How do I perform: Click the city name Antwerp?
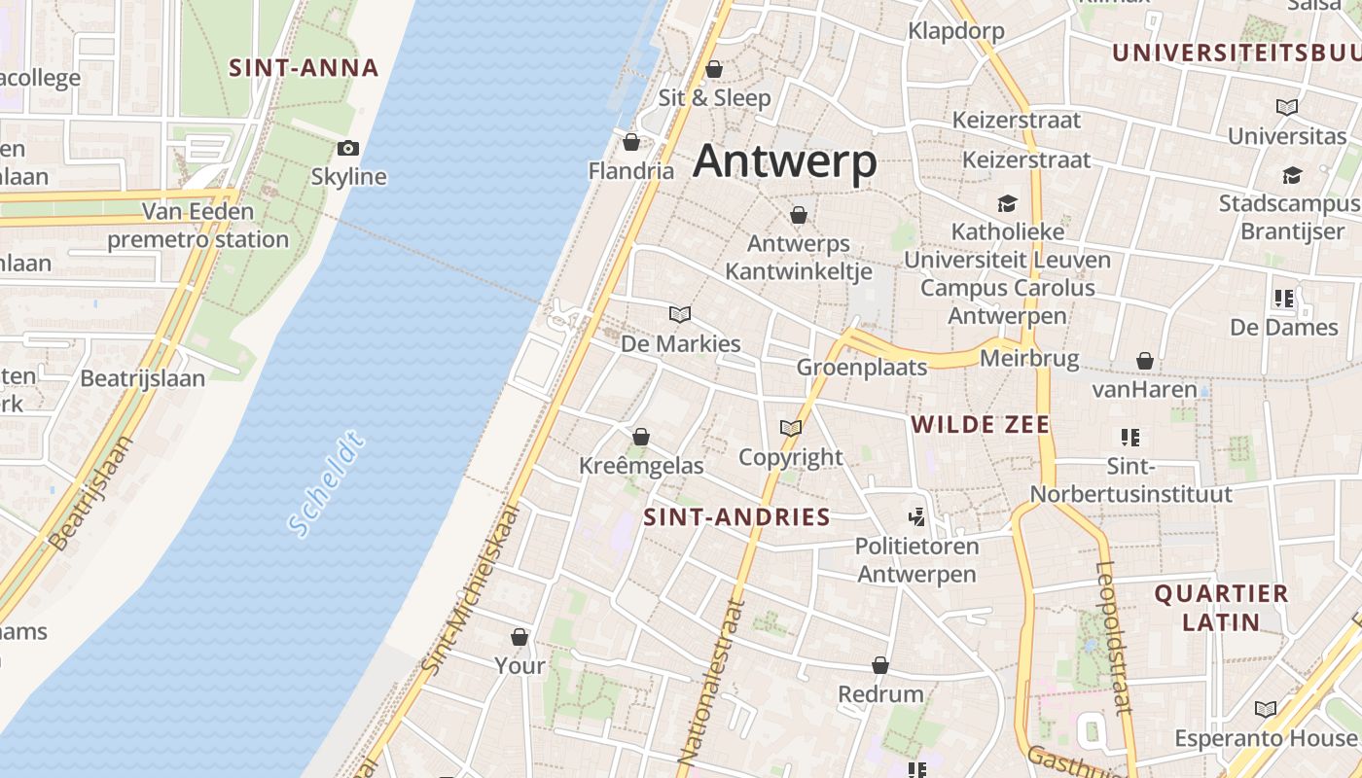pos(784,160)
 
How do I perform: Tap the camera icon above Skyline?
pos(348,149)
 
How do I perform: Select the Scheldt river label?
pos(327,484)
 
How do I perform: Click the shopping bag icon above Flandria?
pos(631,143)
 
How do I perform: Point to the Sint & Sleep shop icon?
pos(714,69)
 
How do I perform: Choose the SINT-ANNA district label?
pos(304,67)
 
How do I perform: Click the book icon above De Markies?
pos(680,314)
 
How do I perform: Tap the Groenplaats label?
pos(861,367)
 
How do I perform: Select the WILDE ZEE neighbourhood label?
pos(980,424)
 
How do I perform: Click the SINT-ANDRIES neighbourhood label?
pos(737,516)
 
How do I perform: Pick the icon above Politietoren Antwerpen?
pos(916,516)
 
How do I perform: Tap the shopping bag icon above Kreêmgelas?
pos(640,437)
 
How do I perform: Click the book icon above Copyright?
pos(791,428)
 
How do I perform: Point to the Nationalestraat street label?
pos(710,681)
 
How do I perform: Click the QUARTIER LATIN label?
pos(1221,607)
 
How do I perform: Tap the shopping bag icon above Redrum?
pos(880,665)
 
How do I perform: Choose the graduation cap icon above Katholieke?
pos(1007,203)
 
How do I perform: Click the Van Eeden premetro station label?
pos(197,225)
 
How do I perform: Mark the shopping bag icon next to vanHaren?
pos(1145,361)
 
